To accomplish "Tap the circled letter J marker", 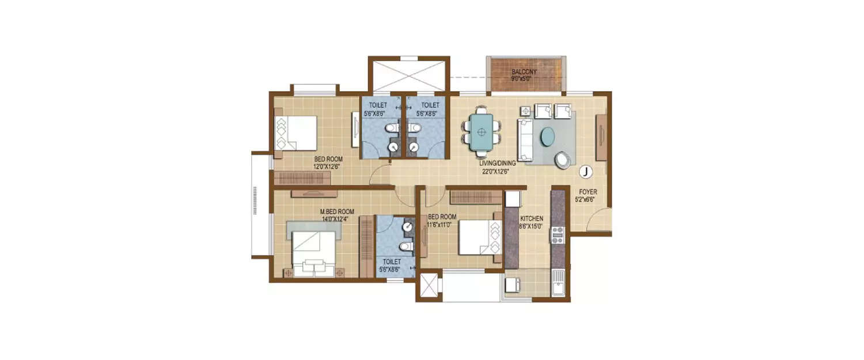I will pyautogui.click(x=585, y=171).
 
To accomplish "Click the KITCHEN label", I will pyautogui.click(x=532, y=219).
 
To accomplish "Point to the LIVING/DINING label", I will pyautogui.click(x=498, y=163).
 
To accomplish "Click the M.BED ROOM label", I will pyautogui.click(x=337, y=211).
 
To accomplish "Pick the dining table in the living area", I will pyautogui.click(x=482, y=132).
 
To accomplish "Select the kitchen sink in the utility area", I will pyautogui.click(x=559, y=286).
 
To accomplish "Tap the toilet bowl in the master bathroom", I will pyautogui.click(x=407, y=247).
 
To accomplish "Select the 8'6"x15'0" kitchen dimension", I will pyautogui.click(x=532, y=227).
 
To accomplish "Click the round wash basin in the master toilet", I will pyautogui.click(x=408, y=228).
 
